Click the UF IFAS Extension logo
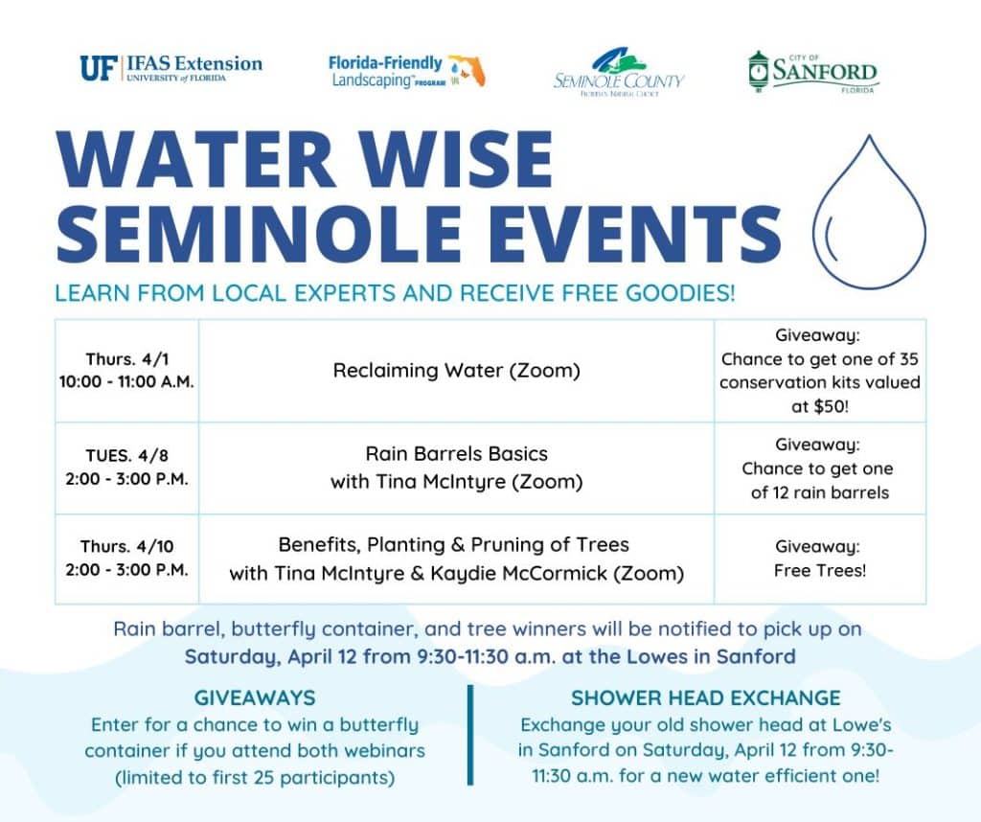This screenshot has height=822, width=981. [171, 68]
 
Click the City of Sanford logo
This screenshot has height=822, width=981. [812, 72]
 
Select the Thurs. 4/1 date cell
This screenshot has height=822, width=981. [126, 371]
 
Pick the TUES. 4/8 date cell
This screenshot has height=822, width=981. [126, 468]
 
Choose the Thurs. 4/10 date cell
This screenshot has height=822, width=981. [126, 559]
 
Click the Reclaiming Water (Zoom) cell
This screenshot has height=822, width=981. [456, 371]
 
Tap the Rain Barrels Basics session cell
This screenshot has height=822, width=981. [456, 468]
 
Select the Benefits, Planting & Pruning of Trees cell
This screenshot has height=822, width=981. [456, 559]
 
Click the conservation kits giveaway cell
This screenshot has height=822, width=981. [819, 371]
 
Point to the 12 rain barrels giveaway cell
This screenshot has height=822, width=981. [819, 468]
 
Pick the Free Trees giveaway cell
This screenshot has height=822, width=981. [819, 559]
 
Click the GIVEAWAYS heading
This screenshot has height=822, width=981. [254, 697]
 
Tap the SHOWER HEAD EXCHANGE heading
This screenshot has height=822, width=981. [705, 697]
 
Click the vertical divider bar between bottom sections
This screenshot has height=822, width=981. [471, 735]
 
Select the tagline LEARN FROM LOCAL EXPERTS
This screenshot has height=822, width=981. [395, 293]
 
